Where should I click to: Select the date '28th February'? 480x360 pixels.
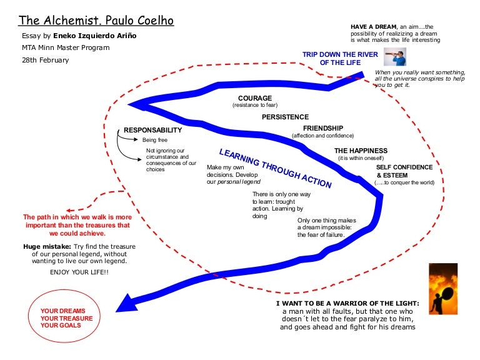[x=46, y=61]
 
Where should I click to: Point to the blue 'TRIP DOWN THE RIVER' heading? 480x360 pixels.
[x=341, y=58]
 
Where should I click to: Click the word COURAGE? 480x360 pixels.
[x=255, y=98]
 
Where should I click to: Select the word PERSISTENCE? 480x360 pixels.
[x=285, y=117]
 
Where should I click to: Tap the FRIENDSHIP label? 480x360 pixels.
[x=323, y=128]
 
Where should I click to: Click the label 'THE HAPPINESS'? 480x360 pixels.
[x=361, y=151]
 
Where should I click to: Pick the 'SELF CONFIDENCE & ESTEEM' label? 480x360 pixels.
[x=404, y=171]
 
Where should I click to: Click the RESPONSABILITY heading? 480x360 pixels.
[x=152, y=130]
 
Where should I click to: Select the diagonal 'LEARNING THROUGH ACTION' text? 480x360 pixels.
[x=275, y=169]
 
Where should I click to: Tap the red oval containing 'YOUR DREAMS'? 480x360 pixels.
[x=63, y=317]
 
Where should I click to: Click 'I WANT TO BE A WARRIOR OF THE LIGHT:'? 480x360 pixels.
[x=348, y=304]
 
